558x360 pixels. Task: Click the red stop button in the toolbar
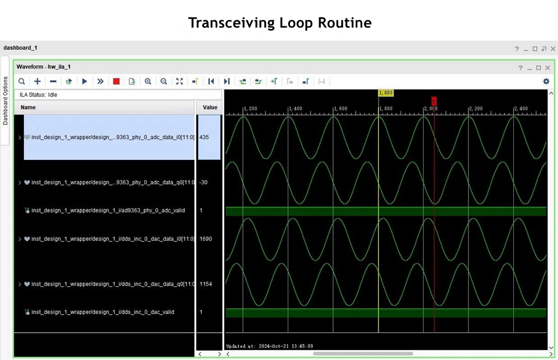116,81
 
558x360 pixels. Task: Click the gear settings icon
546,81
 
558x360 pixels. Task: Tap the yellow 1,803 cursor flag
386,93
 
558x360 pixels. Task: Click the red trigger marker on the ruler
434,101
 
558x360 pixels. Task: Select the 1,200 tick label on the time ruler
251,109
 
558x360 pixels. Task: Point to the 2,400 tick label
521,109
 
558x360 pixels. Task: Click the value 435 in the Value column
204,137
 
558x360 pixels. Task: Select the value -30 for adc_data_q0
203,182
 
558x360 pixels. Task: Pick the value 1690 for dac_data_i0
206,239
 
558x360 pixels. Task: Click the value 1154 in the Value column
206,284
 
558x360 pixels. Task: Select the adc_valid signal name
108,211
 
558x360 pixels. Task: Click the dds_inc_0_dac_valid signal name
103,312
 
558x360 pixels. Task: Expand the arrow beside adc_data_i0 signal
20,137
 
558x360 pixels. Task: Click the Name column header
28,108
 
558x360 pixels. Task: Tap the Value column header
210,108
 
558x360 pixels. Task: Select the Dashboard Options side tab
5,101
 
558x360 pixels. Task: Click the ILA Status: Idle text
38,95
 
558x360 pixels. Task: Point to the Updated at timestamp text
270,346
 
